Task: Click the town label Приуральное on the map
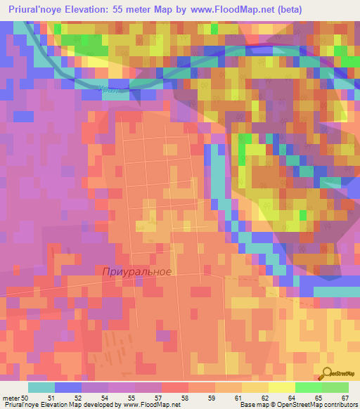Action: point(136,271)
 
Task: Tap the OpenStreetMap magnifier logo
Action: point(327,373)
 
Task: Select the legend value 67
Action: point(345,398)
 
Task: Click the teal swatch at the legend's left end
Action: point(41,387)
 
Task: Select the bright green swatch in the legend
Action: point(309,387)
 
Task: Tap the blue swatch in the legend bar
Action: point(68,387)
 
